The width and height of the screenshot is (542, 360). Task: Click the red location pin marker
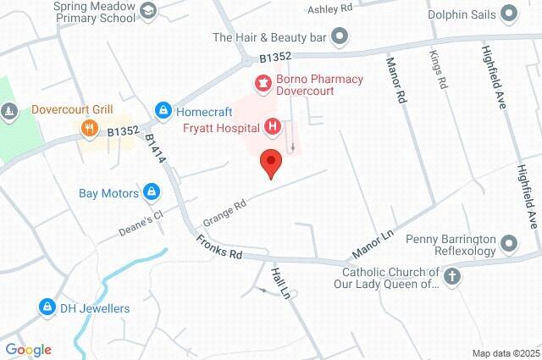[271, 162]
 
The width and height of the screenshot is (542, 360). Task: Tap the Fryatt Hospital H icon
[273, 128]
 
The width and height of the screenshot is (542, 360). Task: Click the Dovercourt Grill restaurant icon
[88, 128]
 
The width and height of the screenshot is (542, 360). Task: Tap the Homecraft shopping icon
[162, 110]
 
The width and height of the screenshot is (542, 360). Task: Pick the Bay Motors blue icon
[152, 192]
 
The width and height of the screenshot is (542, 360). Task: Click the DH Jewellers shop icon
[47, 307]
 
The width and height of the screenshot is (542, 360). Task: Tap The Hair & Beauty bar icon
[340, 36]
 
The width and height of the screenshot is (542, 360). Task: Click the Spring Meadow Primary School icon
[149, 10]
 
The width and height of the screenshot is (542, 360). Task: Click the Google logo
[28, 349]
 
